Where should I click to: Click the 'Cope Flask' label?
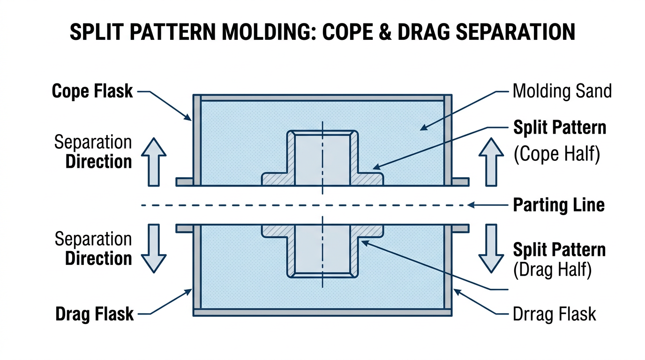(x=92, y=91)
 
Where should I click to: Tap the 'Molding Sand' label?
(x=562, y=91)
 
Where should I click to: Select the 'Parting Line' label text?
(x=559, y=205)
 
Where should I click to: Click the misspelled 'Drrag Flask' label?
(x=554, y=314)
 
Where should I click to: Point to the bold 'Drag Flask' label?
(x=95, y=314)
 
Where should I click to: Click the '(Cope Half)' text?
(x=557, y=155)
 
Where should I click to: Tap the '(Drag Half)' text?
(x=553, y=270)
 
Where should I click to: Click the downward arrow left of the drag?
(x=154, y=248)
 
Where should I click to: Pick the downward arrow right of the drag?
(x=490, y=248)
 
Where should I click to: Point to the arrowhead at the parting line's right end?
(x=474, y=205)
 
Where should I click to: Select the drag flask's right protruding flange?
(x=460, y=228)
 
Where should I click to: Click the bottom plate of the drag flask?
(x=322, y=312)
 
